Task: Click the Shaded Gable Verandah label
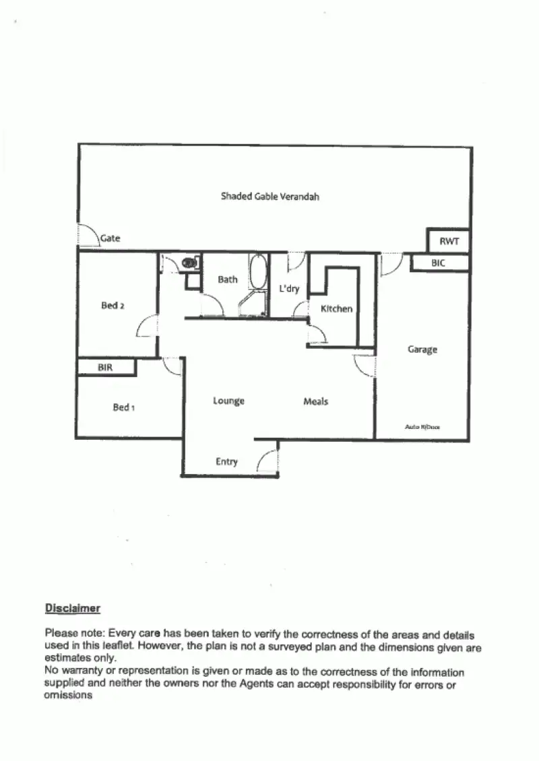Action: [x=269, y=197]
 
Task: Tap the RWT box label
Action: [x=449, y=240]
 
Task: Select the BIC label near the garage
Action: [x=439, y=263]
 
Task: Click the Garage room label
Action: [x=422, y=350]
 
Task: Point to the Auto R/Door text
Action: [x=422, y=427]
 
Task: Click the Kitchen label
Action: [x=336, y=309]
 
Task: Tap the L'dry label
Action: [x=289, y=288]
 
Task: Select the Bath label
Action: [x=228, y=279]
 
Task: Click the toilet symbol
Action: [x=191, y=261]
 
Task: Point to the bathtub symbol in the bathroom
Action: [x=257, y=273]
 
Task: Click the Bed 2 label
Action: [x=113, y=306]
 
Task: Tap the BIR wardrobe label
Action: [x=104, y=368]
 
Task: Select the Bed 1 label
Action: [x=124, y=407]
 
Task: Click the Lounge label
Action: [x=228, y=401]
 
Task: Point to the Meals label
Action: [x=315, y=401]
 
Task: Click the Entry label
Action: [x=226, y=462]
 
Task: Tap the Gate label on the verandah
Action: [x=110, y=238]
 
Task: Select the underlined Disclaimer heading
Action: [x=73, y=609]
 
